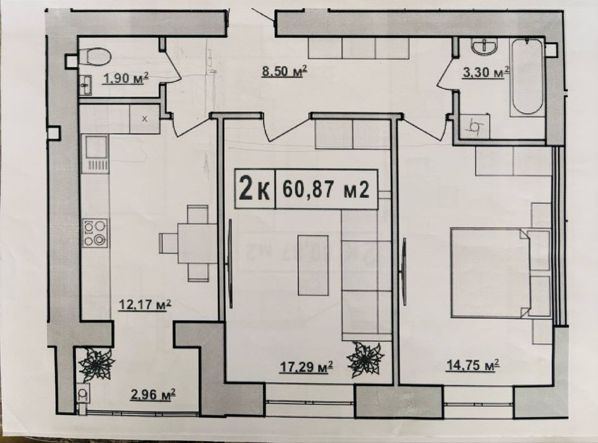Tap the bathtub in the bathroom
(x=527, y=77)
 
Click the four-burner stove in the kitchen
(x=94, y=232)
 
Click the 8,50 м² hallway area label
(x=284, y=72)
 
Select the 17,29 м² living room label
(x=306, y=367)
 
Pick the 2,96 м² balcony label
(x=153, y=395)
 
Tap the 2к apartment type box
(x=255, y=189)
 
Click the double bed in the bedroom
(x=500, y=272)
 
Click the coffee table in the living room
(x=313, y=265)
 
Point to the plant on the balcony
(x=96, y=365)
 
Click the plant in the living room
(x=366, y=359)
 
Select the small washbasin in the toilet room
(x=86, y=85)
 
